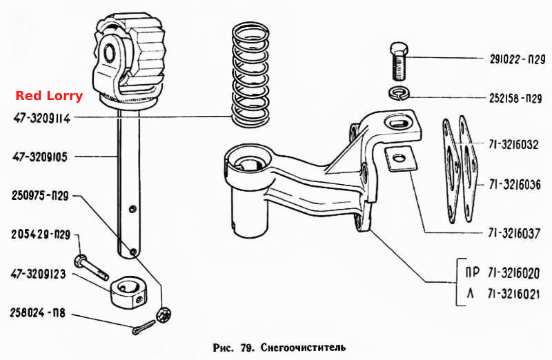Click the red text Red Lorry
(49, 96)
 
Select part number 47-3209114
(42, 118)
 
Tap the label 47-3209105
(40, 157)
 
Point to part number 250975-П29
(40, 196)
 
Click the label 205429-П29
(41, 234)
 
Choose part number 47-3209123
(39, 274)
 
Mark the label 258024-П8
(38, 312)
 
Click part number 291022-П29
(517, 59)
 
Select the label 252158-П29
(515, 98)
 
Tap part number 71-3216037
(514, 233)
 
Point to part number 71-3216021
(513, 294)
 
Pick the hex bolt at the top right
(400, 61)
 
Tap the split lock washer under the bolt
(400, 94)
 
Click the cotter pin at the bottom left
(144, 328)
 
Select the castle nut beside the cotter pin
(164, 314)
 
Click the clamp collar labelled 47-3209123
(129, 291)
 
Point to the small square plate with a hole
(400, 159)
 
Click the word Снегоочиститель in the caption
(303, 348)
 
